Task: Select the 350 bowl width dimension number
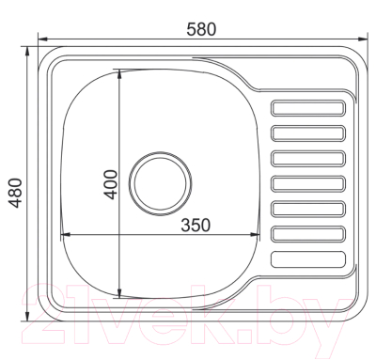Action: tap(193, 225)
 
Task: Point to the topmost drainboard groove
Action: tap(307, 107)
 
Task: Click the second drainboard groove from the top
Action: tap(307, 133)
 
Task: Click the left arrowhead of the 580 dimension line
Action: tap(41, 39)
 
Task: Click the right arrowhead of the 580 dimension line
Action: tap(361, 39)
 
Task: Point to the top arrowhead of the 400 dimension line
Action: tap(119, 72)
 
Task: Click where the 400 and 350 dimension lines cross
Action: tap(119, 234)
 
